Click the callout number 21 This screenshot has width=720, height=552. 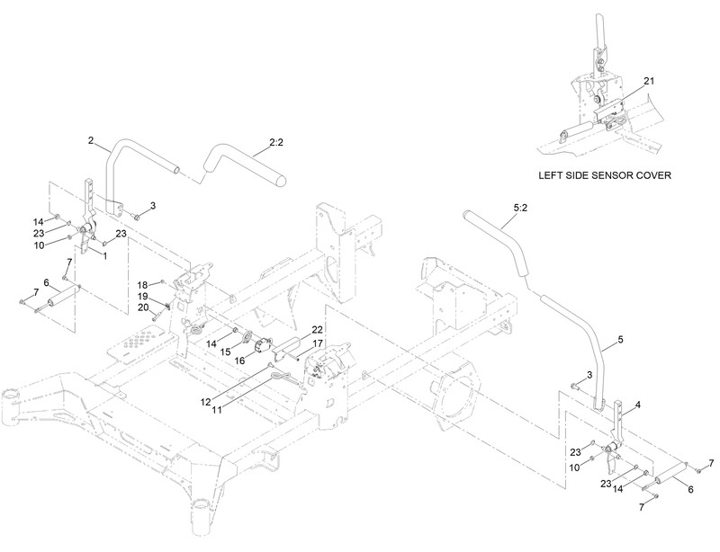pyautogui.click(x=649, y=80)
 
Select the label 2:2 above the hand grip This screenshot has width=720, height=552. pyautogui.click(x=277, y=141)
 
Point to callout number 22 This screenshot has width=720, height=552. pyautogui.click(x=317, y=329)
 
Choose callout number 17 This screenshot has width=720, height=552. pyautogui.click(x=317, y=343)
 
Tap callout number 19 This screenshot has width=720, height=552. pyautogui.click(x=142, y=296)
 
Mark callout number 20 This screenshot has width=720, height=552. pyautogui.click(x=142, y=307)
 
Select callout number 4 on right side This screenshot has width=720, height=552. pyautogui.click(x=638, y=406)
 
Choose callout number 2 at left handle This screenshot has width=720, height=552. pyautogui.click(x=91, y=141)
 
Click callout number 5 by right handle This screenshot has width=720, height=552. pyautogui.click(x=619, y=343)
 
